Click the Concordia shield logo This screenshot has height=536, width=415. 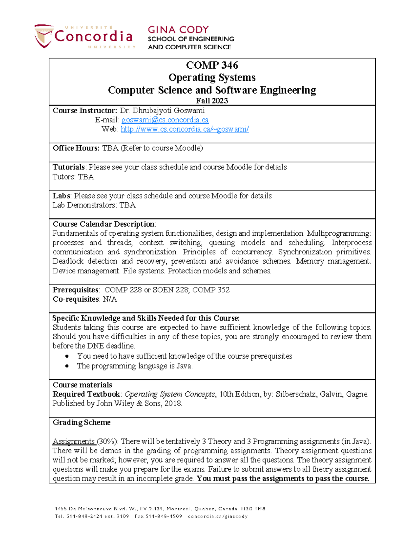coord(44,36)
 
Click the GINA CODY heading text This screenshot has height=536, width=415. coord(178,30)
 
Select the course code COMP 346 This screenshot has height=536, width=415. coord(212,65)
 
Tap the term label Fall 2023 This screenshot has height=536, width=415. coord(212,101)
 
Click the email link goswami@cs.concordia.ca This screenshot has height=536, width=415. coord(165,120)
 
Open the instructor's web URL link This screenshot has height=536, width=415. coord(185,129)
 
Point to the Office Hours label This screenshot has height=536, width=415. coord(76,148)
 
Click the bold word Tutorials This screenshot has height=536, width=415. coord(68,167)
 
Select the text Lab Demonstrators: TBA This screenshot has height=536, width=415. coord(94,205)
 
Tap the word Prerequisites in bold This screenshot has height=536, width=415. coord(75,290)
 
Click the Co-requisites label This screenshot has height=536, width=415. coord(75,299)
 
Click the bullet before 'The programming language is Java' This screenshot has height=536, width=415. coord(67,366)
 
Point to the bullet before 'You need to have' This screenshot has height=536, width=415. coord(67,356)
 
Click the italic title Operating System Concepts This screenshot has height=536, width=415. coord(169,394)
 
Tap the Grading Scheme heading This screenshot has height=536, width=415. coord(82,422)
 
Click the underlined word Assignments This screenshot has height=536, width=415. coord(74,441)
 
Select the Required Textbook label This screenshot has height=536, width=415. coord(86,394)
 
